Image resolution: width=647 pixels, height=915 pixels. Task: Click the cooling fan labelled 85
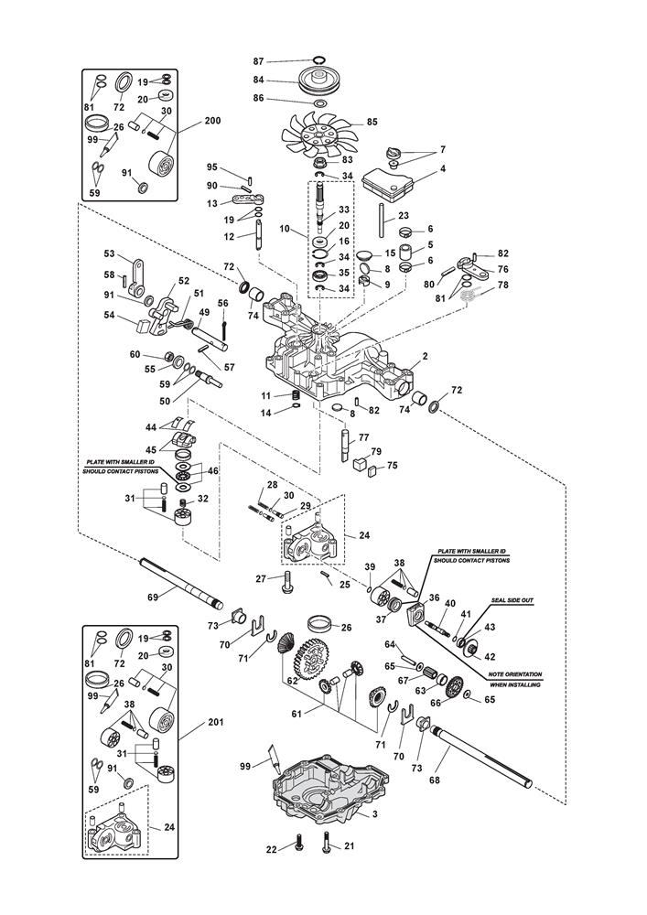[x=316, y=133]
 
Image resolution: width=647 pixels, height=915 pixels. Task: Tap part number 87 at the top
[x=258, y=60]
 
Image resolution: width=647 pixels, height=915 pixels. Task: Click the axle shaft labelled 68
[x=485, y=753]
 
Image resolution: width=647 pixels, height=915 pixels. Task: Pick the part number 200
[x=212, y=121]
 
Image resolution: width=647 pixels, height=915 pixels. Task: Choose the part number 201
[x=215, y=723]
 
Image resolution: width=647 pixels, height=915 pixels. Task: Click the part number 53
[x=110, y=253]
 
